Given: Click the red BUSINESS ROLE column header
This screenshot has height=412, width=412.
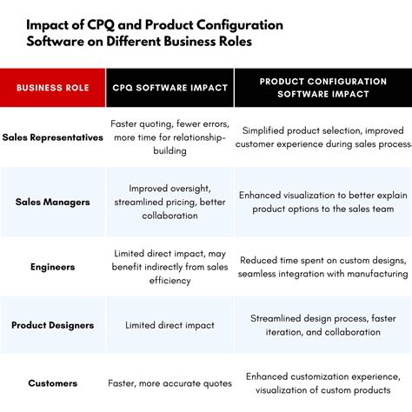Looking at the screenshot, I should tap(52, 88).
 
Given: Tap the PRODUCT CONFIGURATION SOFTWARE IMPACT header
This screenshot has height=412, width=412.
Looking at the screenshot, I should tap(322, 88).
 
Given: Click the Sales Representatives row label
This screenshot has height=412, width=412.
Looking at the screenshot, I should tap(52, 137).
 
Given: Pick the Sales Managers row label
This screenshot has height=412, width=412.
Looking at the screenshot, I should tap(52, 202).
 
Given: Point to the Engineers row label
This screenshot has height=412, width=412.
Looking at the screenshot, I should tap(52, 267).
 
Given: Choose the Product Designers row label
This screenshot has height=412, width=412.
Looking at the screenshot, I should tap(52, 325).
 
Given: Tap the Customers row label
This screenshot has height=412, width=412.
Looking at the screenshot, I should tap(52, 382).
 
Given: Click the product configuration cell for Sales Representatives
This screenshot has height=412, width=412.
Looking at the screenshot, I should tap(322, 137).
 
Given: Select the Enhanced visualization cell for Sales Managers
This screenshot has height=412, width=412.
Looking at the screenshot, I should tap(322, 202).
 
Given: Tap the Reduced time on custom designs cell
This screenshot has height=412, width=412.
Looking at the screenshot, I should tap(322, 267).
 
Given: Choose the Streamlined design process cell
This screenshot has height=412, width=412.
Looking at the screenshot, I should tap(322, 325).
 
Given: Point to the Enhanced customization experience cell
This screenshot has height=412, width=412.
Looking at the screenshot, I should tap(322, 382).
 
